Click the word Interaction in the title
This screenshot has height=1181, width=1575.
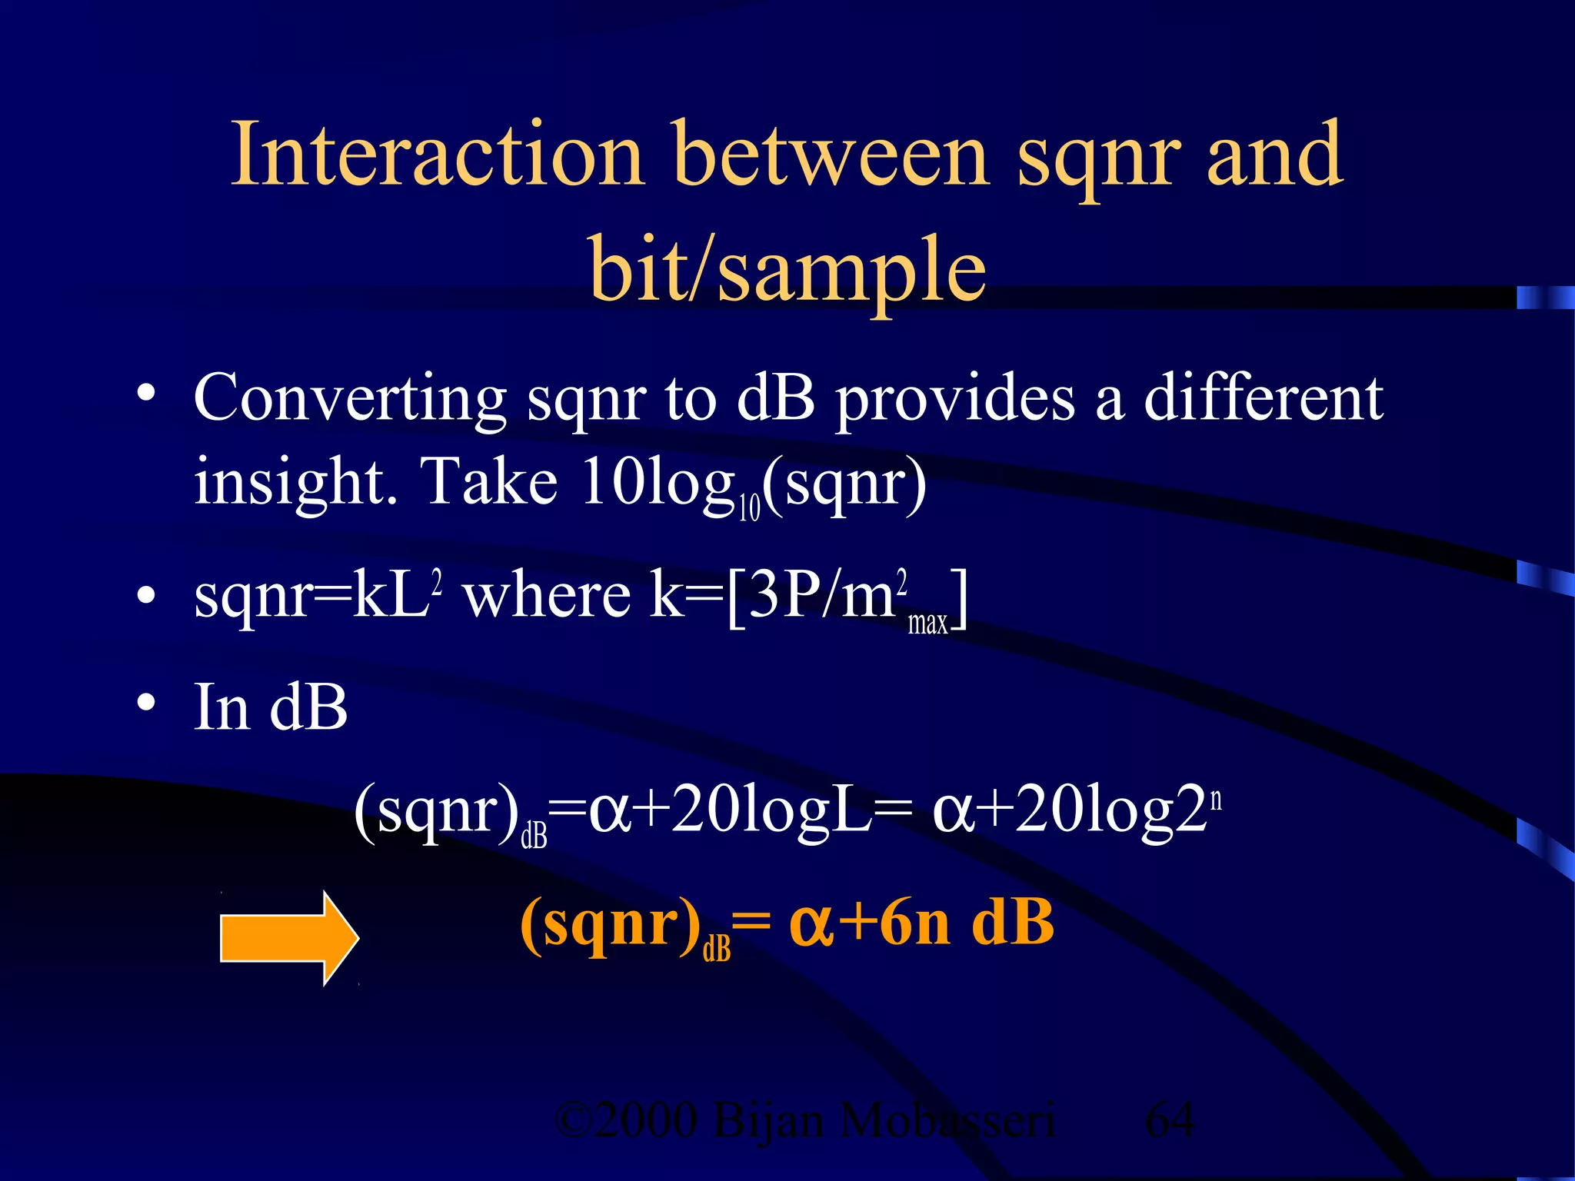437,155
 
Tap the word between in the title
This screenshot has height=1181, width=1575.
831,155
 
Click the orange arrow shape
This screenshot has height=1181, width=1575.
289,938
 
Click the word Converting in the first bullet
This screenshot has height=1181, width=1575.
350,398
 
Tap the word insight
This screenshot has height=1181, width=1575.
295,483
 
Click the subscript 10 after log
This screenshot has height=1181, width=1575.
749,508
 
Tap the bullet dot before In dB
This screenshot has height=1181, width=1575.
146,703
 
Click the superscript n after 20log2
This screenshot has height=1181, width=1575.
1216,800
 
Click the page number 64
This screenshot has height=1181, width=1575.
1170,1120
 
